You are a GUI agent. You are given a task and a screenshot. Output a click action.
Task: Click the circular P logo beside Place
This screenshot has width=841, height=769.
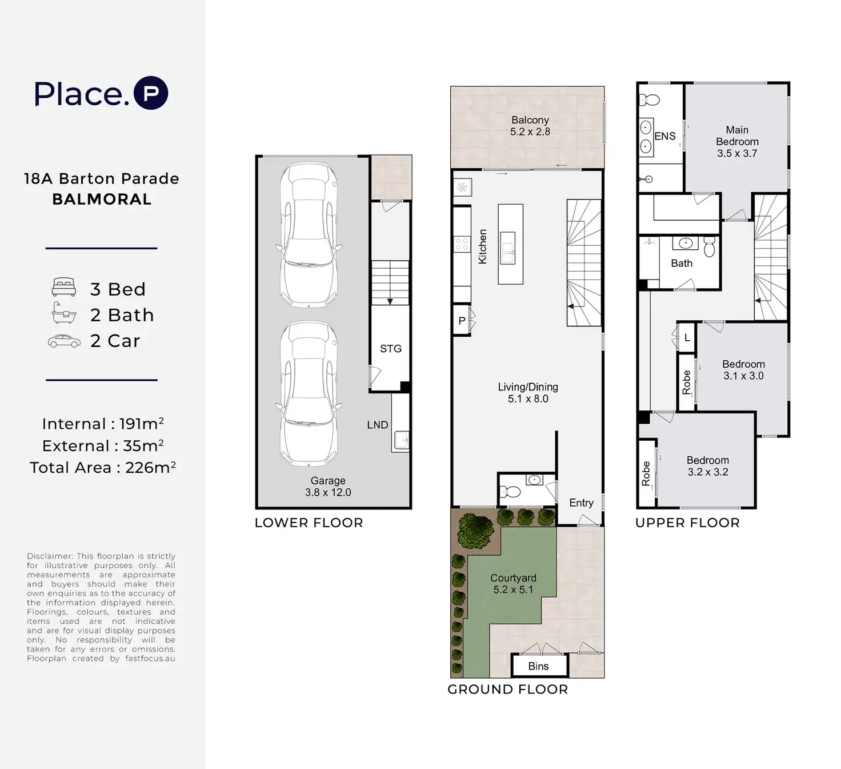click(x=151, y=93)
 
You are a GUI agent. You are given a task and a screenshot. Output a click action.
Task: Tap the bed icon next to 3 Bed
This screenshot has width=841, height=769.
click(x=64, y=287)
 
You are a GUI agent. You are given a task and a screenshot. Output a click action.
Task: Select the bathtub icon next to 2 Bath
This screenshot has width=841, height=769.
click(x=64, y=313)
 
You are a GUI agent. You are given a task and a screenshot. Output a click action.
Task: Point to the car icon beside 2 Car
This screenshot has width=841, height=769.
click(x=64, y=341)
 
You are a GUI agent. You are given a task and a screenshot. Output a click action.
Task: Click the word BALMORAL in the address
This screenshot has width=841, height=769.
click(x=102, y=200)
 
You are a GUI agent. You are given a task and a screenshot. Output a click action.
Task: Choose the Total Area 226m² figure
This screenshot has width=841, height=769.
click(x=103, y=467)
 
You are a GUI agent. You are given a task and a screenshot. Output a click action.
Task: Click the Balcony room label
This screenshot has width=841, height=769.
click(x=530, y=120)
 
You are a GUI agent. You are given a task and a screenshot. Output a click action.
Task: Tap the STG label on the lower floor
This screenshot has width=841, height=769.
click(x=391, y=349)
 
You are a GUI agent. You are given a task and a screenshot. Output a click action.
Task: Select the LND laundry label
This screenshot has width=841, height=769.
click(x=378, y=425)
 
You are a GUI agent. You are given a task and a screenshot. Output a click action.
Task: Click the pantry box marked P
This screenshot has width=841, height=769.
click(x=462, y=321)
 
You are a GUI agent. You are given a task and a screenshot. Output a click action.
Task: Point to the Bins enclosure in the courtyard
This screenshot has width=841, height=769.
click(x=539, y=666)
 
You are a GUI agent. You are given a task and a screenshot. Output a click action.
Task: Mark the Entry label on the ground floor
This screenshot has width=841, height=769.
click(x=581, y=503)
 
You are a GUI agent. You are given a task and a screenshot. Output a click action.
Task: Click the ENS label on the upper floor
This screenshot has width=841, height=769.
click(x=665, y=136)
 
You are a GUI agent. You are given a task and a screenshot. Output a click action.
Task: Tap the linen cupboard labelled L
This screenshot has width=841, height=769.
click(x=687, y=337)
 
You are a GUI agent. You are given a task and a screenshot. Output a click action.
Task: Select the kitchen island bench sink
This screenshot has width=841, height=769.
click(x=508, y=248)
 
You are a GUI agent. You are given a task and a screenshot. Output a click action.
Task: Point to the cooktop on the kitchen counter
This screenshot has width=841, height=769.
click(x=462, y=244)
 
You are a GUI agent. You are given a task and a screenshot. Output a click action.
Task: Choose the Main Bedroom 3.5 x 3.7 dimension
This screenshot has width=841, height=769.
click(x=737, y=153)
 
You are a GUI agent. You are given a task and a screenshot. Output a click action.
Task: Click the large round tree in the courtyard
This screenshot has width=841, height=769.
click(x=476, y=530)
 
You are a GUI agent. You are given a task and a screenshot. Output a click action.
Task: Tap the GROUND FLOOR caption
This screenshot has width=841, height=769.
click(x=508, y=690)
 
